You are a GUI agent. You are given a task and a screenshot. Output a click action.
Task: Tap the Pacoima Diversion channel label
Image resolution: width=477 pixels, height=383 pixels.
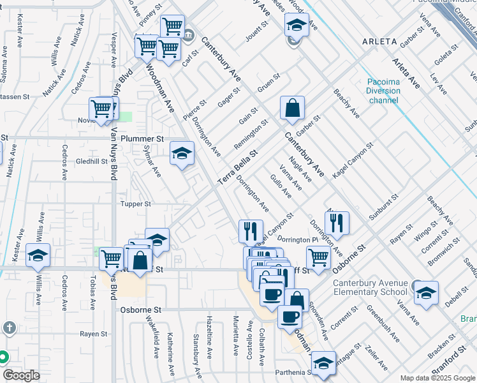click(384, 91)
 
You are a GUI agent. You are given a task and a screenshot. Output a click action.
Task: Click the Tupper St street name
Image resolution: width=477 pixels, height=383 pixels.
click(135, 204)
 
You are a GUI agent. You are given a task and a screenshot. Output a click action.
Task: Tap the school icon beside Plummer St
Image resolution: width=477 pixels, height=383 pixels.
click(182, 153)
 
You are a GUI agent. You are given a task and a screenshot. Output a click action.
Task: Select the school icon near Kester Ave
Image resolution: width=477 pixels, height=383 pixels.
click(38, 256)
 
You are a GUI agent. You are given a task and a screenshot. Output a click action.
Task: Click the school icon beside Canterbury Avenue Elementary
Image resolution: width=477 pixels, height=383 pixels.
click(425, 292)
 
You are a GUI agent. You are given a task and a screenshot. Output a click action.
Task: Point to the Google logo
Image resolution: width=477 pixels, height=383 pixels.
click(22, 375)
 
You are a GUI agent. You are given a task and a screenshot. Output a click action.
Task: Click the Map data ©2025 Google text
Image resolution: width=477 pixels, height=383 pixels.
click(437, 378)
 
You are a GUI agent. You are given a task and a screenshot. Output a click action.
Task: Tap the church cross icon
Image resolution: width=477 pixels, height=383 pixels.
click(9, 328)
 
